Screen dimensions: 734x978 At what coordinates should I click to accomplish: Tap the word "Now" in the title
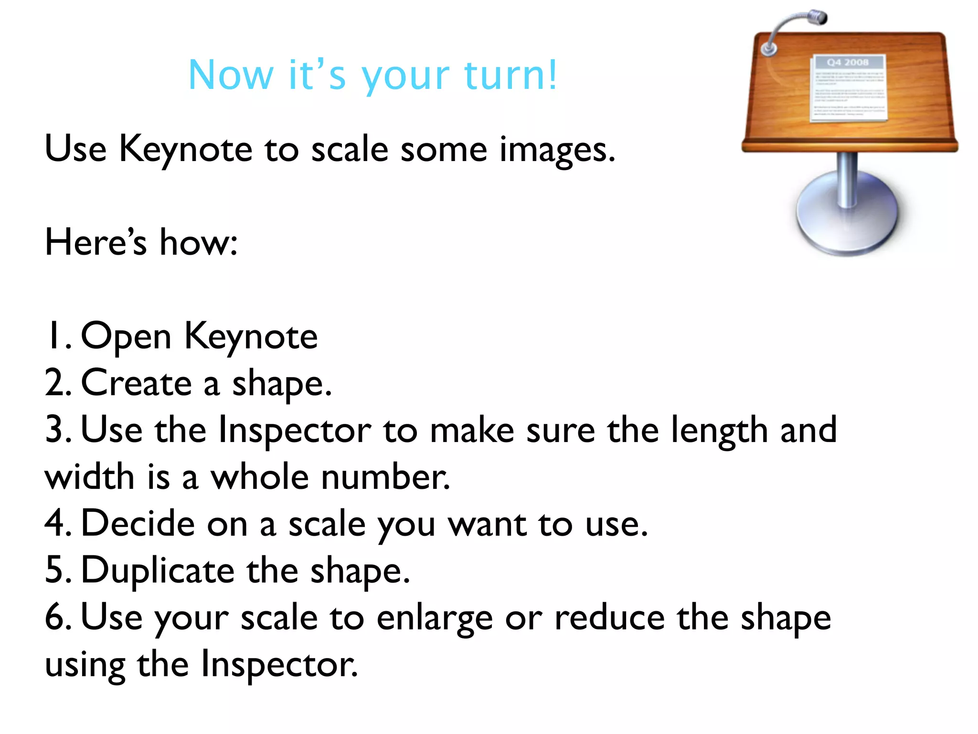[x=231, y=75]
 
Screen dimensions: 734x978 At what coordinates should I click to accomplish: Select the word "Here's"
[x=96, y=242]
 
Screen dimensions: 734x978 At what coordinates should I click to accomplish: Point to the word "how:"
[x=198, y=242]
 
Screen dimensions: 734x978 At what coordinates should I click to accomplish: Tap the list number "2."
[x=58, y=383]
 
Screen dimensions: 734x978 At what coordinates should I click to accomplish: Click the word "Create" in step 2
[x=137, y=383]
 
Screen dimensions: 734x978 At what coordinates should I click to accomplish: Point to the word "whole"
[x=260, y=476]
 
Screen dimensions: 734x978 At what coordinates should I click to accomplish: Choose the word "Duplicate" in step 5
[x=158, y=570]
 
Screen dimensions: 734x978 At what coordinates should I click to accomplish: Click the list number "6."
[x=58, y=617]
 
